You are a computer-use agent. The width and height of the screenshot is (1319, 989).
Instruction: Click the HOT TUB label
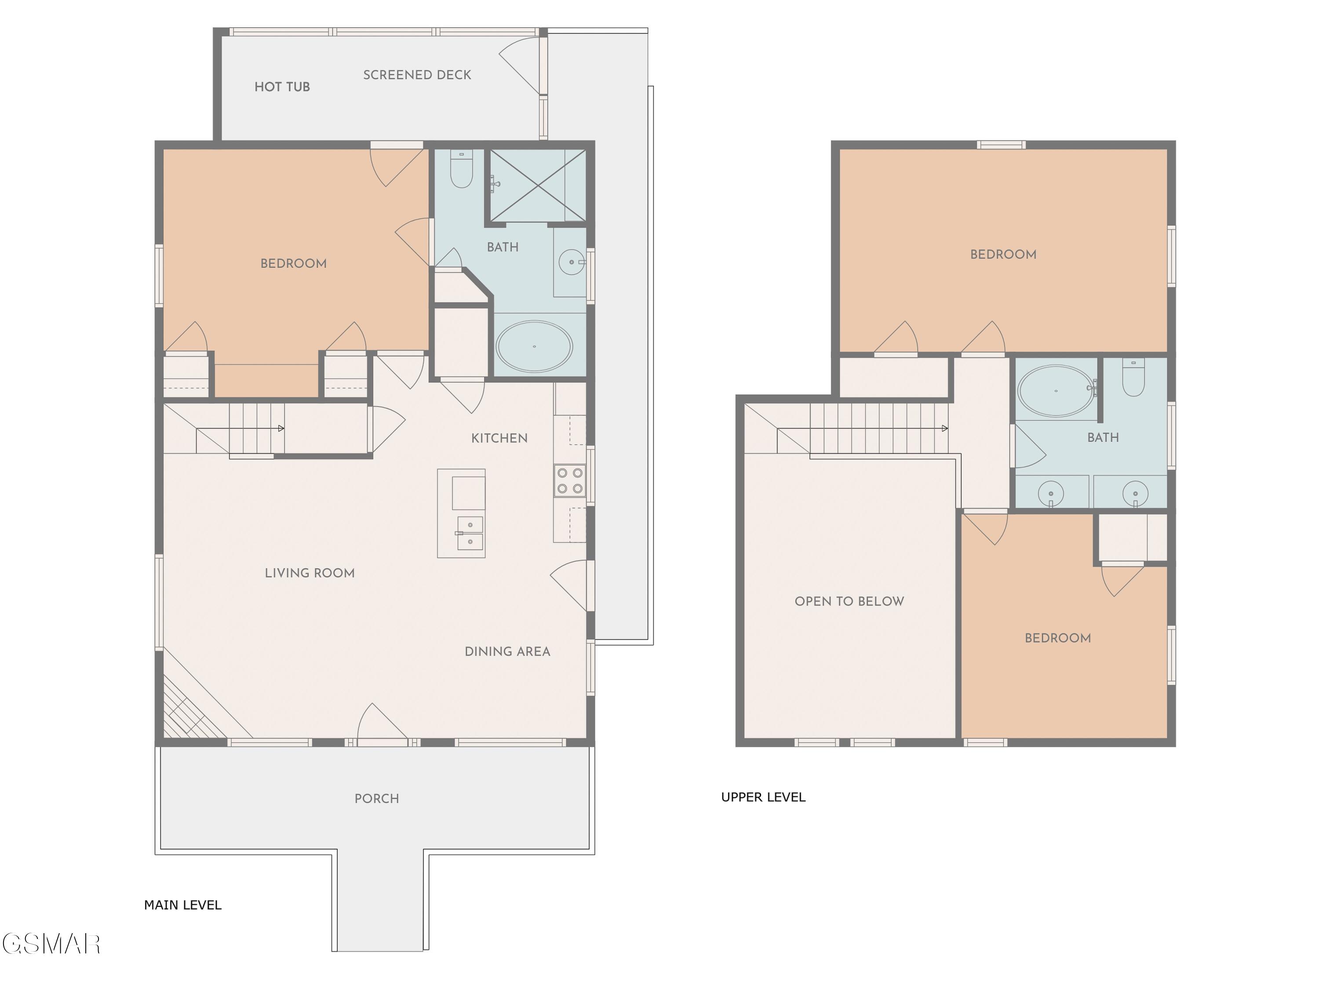(x=282, y=87)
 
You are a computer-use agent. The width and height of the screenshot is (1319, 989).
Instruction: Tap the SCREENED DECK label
(x=417, y=75)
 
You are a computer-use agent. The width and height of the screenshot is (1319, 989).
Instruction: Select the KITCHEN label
(x=499, y=439)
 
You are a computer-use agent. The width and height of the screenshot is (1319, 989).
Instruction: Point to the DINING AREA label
(x=507, y=651)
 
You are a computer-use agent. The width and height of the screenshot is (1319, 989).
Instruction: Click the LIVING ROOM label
(x=310, y=573)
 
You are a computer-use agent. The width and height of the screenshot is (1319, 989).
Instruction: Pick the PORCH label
(x=376, y=799)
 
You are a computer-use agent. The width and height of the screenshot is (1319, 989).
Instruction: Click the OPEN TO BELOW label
(x=849, y=601)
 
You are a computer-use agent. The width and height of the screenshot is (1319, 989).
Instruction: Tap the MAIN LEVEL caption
(x=182, y=905)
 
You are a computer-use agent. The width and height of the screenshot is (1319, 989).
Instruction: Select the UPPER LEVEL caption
(x=763, y=797)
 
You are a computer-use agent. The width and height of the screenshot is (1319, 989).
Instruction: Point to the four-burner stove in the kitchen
(x=569, y=480)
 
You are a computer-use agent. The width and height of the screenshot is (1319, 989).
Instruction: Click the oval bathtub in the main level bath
(x=534, y=346)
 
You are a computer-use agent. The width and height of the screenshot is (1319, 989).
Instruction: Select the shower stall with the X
(x=538, y=185)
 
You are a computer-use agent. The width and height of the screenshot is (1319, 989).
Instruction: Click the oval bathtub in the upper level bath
(x=1056, y=390)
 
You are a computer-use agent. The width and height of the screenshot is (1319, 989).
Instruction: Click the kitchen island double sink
(x=470, y=533)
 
